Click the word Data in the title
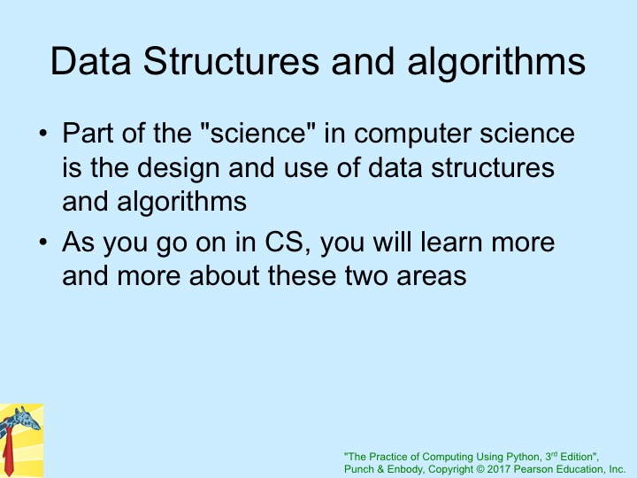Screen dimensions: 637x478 point(90,61)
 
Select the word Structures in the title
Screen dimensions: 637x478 point(231,61)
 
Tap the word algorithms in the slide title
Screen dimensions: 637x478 point(496,62)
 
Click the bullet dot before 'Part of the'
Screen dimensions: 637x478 point(43,133)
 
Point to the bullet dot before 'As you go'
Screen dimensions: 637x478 point(43,242)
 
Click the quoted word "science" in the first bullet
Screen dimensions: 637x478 point(258,133)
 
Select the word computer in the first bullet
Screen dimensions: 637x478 point(413,135)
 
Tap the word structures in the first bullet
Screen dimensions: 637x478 point(493,168)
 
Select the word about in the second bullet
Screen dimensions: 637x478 point(225,275)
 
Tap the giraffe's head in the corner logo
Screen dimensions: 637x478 point(27,420)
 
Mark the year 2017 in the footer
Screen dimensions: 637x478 point(499,469)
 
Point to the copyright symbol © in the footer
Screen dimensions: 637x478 point(480,469)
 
